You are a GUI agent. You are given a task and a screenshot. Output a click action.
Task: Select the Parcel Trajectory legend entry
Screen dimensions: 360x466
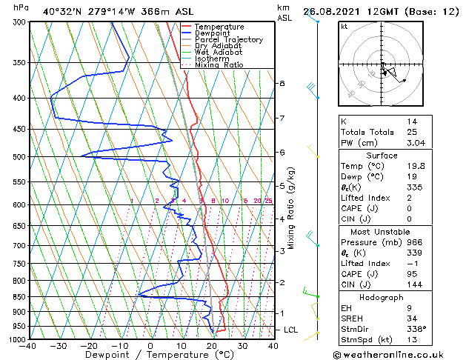[228, 39]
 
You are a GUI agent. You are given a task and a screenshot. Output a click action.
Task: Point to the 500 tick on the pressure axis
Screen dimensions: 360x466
[19, 157]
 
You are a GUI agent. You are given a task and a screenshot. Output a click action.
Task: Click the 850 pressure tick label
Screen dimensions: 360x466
[19, 297]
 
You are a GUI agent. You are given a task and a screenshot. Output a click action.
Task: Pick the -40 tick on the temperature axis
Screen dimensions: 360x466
[29, 346]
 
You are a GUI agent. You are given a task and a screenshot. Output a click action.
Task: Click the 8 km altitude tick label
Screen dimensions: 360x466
[282, 83]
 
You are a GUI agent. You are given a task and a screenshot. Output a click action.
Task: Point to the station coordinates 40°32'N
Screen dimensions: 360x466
[59, 11]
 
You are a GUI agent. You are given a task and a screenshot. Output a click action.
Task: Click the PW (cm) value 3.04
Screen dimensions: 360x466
[415, 143]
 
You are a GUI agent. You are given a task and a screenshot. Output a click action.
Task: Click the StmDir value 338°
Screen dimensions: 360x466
[417, 329]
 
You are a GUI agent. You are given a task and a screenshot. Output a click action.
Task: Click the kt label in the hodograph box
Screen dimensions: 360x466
[344, 26]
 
